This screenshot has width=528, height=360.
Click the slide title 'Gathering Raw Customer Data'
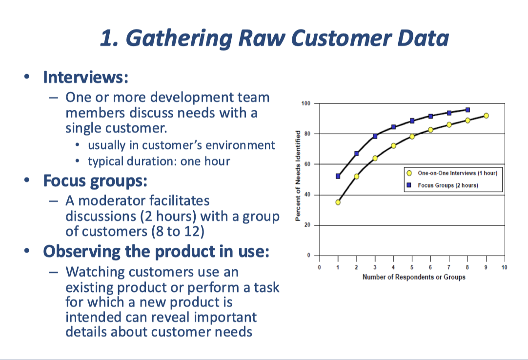coord(274,38)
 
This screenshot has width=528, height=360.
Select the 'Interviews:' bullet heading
coord(86,78)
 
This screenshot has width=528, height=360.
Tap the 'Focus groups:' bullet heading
coord(95,181)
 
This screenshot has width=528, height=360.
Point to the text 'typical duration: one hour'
coord(159,161)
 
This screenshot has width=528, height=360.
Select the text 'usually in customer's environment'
coord(181,145)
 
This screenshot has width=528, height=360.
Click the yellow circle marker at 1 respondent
coord(338,202)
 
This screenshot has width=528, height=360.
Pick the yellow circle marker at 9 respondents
coord(486,116)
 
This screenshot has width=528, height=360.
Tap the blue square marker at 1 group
coord(338,176)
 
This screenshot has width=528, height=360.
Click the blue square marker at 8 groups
coord(467,110)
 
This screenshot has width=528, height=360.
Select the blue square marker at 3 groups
coord(375,136)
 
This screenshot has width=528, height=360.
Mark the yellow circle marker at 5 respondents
coord(412,136)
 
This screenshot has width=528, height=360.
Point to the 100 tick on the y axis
coord(306,103)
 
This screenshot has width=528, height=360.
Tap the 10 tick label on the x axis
coord(504,267)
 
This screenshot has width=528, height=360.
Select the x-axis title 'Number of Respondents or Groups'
coord(414,277)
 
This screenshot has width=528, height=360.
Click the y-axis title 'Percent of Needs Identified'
coord(297,177)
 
